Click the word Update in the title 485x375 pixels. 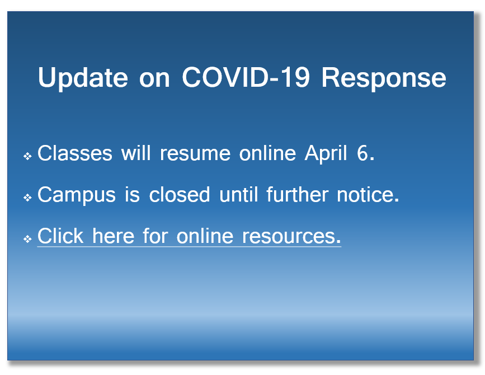coord(83,78)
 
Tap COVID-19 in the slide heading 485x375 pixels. coord(246,77)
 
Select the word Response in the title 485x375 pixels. coord(384,78)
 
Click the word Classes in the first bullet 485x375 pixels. coord(74,153)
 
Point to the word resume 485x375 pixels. coord(195,154)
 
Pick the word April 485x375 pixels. coord(326,153)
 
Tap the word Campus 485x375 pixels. coord(77,195)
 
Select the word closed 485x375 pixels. coord(180,195)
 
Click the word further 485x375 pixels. coord(297,194)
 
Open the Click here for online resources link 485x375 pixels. coord(189,236)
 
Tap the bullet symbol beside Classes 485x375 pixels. coord(27,156)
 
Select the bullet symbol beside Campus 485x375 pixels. coord(27,198)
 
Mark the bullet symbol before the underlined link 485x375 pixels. coord(27,239)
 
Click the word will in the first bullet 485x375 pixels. coord(136,153)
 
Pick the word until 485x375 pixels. coord(238,194)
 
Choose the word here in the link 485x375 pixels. coord(113,236)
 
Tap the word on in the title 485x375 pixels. coord(154,79)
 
